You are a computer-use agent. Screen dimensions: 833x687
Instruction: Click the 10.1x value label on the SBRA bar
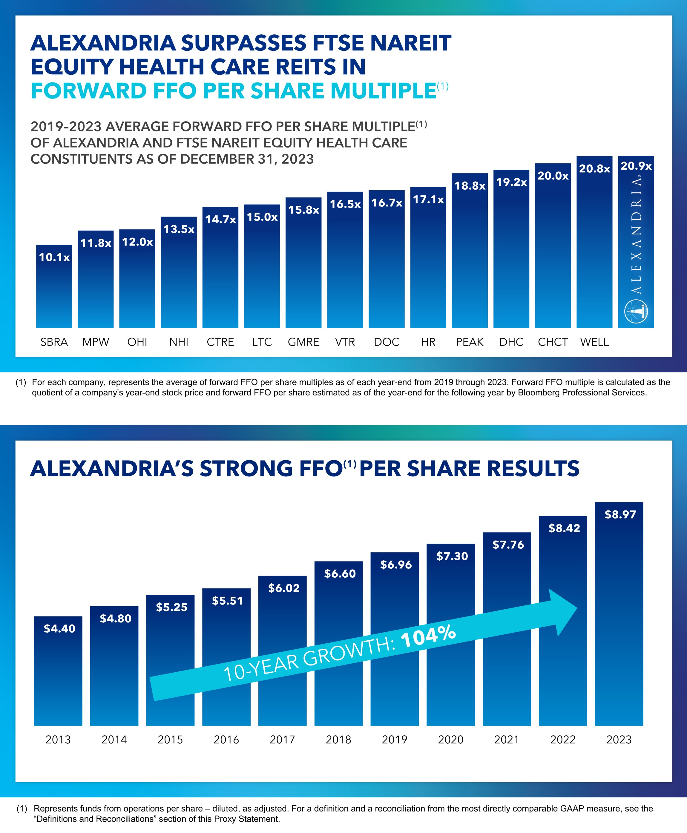coord(54,258)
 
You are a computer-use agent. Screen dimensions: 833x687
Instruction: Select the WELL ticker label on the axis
coord(594,342)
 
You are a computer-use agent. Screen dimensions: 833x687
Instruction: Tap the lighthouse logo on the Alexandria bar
coord(636,312)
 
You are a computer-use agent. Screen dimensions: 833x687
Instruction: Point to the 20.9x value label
coord(636,166)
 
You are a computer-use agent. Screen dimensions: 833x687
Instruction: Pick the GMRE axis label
coord(303,342)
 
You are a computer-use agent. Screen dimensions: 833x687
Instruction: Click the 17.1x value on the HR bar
coord(428,200)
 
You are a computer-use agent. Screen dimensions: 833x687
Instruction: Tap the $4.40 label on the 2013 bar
coord(59,628)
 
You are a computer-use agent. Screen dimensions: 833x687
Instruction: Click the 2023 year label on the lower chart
coord(619,740)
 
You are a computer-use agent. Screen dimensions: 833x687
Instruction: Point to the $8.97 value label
coord(620,514)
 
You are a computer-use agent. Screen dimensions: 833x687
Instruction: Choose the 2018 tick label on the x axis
coord(338,740)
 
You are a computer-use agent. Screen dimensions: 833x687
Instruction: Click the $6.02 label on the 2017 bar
coord(284,588)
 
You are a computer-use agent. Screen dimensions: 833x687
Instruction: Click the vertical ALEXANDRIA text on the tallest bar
coord(636,235)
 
